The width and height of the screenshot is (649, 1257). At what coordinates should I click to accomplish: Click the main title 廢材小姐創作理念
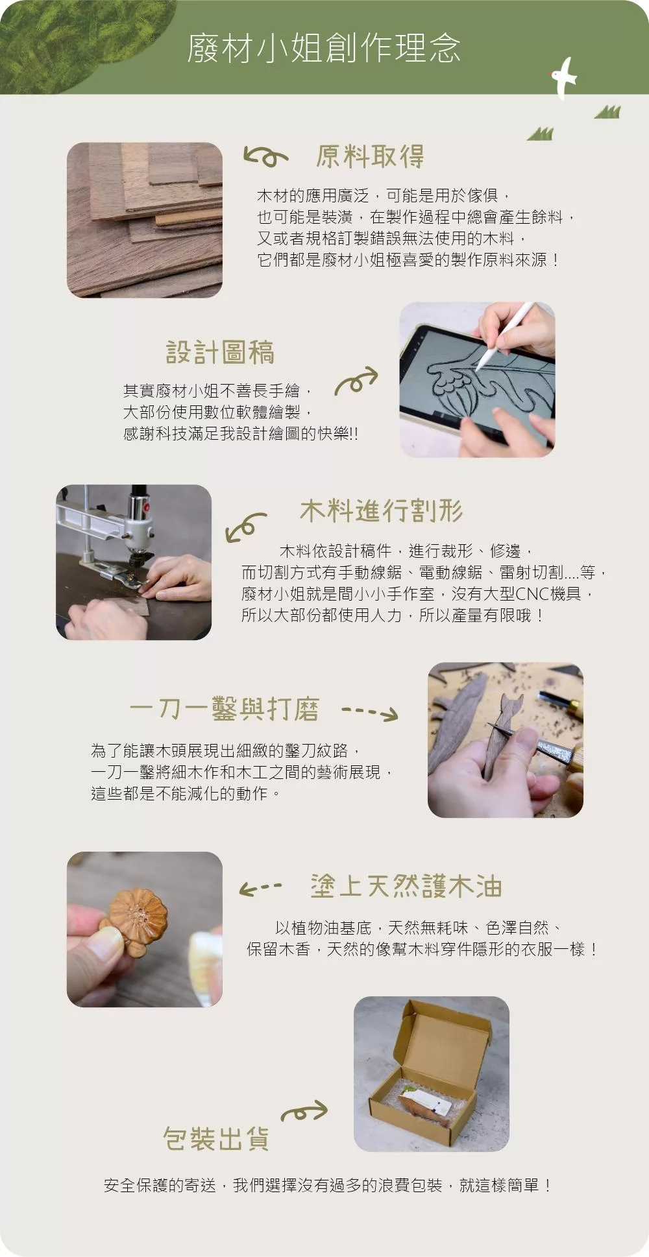[x=324, y=48]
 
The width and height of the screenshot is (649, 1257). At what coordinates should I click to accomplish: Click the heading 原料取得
[x=370, y=156]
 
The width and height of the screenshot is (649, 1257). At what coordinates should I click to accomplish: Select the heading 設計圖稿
[x=220, y=352]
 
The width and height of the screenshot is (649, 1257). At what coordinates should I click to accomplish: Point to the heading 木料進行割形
[x=382, y=510]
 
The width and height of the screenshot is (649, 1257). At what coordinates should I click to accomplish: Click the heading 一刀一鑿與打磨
[x=224, y=709]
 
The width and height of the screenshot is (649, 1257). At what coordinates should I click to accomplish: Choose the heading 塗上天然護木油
[x=406, y=886]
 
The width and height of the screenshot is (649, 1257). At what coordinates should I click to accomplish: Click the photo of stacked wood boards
[x=145, y=221]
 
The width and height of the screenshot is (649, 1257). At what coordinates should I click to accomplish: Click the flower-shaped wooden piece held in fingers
[x=138, y=915]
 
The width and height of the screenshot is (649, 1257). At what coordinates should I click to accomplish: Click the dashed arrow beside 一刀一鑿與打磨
[x=370, y=713]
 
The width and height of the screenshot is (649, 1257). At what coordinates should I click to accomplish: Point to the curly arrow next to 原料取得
[x=265, y=156]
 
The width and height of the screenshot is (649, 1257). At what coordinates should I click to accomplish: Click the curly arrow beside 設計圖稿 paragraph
[x=356, y=381]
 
